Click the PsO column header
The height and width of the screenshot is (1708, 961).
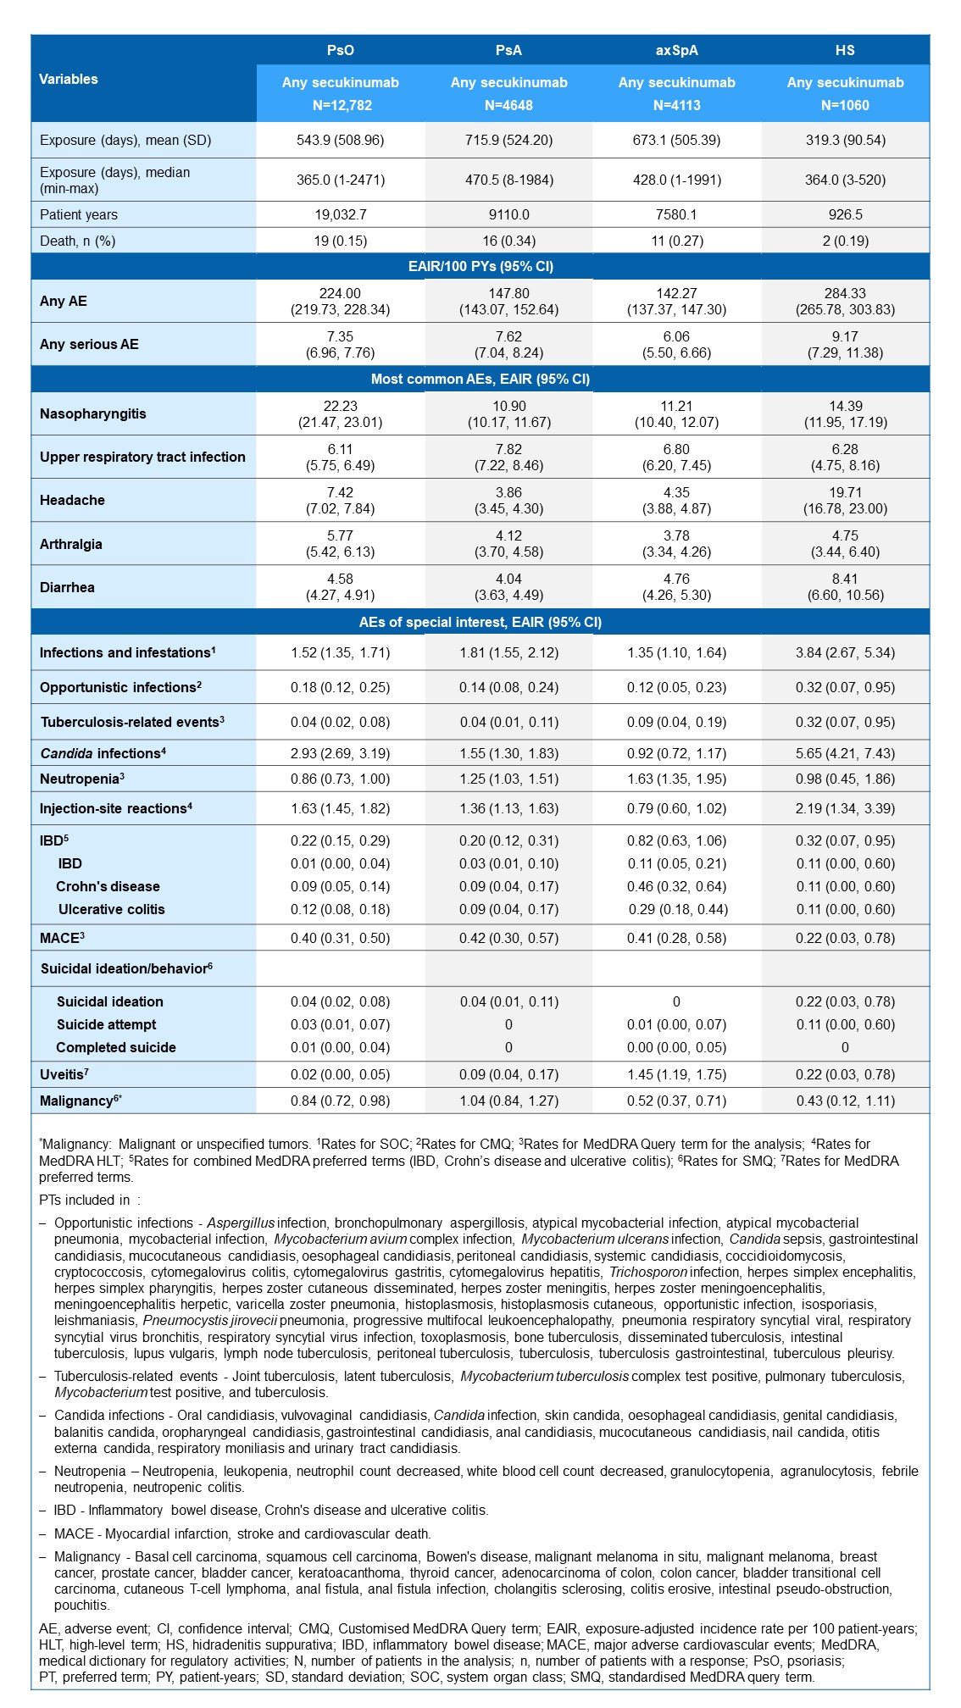(x=340, y=50)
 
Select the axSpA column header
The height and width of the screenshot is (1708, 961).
(x=676, y=50)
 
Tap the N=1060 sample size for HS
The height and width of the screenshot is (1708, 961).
(x=845, y=106)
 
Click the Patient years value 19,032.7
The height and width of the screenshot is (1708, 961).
(x=340, y=215)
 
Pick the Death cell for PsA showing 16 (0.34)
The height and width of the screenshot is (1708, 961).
(x=508, y=241)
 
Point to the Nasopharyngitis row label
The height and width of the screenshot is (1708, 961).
(x=93, y=414)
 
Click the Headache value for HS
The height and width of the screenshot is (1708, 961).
(x=845, y=501)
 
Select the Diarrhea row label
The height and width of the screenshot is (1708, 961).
(x=67, y=588)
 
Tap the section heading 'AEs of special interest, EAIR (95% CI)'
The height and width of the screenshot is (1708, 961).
(x=480, y=623)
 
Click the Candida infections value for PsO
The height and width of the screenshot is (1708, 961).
(x=340, y=753)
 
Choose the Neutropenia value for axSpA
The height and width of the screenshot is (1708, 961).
(x=676, y=779)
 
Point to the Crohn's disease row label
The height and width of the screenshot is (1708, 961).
(x=108, y=887)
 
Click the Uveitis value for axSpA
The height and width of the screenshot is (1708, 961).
(x=676, y=1075)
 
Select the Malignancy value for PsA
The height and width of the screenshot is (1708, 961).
(x=508, y=1101)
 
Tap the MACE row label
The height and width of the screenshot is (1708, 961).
(x=62, y=939)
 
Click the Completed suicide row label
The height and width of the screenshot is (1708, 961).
(x=116, y=1048)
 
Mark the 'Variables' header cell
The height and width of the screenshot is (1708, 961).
(x=69, y=80)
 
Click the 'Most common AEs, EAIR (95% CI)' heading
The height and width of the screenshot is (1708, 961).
(x=480, y=380)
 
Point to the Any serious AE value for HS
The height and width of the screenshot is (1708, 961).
(x=845, y=345)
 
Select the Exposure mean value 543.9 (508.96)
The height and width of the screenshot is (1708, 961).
(x=340, y=141)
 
